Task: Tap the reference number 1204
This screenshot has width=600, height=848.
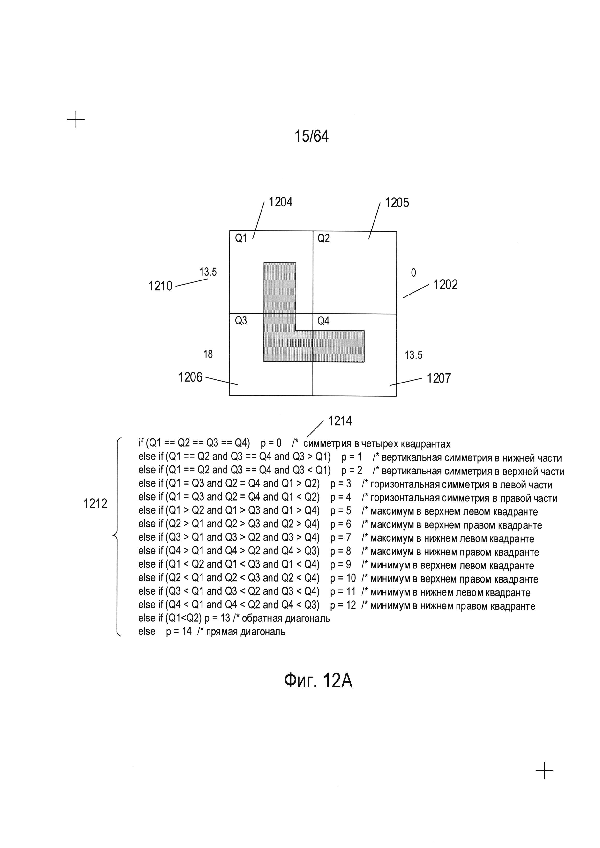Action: pos(280,202)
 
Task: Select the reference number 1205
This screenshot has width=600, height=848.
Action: pos(397,203)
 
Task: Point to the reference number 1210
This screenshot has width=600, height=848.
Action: pos(160,286)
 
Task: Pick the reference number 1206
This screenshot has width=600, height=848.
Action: pos(190,377)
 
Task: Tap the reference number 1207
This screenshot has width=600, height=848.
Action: pos(439,378)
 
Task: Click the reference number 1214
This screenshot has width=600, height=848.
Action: pos(340,421)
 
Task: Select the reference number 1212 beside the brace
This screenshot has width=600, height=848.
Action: pos(95,503)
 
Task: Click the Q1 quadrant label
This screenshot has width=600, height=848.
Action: pos(241,238)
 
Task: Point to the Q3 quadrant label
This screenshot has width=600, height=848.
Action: pos(241,321)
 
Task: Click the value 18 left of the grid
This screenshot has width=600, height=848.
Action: pos(208,354)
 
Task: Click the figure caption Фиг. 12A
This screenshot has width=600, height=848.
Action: pos(318,680)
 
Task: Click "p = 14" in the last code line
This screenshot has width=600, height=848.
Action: pos(179,631)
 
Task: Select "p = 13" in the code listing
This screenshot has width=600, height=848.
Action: pos(217,618)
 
